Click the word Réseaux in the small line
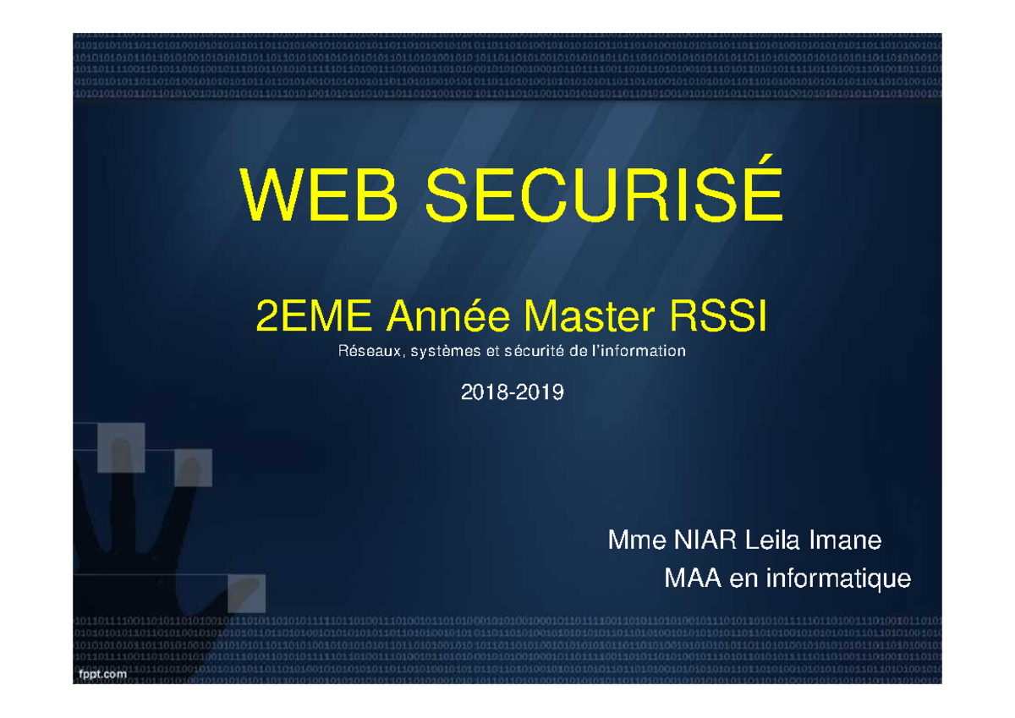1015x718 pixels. click(x=367, y=351)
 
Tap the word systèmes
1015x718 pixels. click(x=444, y=352)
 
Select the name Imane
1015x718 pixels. click(x=846, y=540)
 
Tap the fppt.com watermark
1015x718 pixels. click(x=103, y=673)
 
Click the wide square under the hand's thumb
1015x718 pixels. click(x=246, y=592)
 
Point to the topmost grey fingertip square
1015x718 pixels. click(x=121, y=448)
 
